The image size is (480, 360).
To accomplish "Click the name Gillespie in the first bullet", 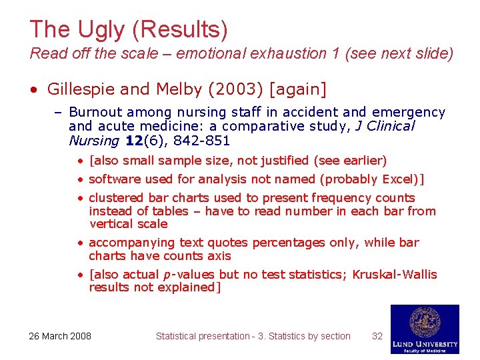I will point(77,89).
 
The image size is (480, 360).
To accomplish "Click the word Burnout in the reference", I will point(94,113).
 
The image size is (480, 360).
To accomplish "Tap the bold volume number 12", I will point(135,140).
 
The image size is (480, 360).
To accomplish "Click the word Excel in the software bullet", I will point(397,179).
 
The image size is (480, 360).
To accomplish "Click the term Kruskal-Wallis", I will point(395,275).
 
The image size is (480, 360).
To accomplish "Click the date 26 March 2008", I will point(60,336).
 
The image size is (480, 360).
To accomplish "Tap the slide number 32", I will point(377,336).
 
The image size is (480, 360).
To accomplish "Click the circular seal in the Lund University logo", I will point(425,322).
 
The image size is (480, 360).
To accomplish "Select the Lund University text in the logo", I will point(425,343).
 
